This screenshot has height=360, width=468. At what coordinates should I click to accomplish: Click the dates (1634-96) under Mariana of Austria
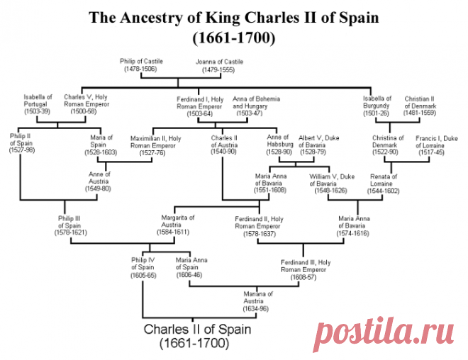tap(255, 309)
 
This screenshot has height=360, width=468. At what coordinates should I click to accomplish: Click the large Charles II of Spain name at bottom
tap(197, 330)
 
